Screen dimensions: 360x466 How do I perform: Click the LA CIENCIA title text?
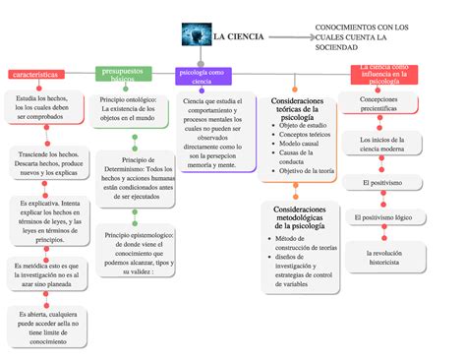(239, 36)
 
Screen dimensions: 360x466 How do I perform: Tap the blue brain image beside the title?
(197, 35)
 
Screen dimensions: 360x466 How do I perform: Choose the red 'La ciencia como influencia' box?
(385, 74)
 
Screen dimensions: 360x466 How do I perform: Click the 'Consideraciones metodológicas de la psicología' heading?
(306, 218)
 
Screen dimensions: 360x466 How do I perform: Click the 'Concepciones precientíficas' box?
(379, 104)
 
